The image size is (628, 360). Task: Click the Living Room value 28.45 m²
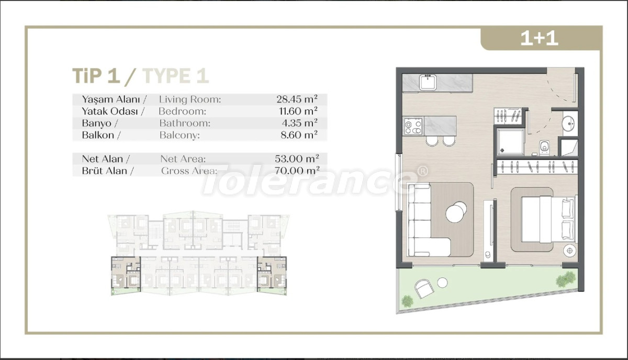click(297, 99)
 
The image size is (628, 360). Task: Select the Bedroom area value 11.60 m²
click(298, 111)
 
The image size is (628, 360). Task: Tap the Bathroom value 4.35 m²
click(299, 123)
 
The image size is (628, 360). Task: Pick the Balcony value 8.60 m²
click(299, 135)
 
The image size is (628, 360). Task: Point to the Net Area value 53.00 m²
click(297, 159)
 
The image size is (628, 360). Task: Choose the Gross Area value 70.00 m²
click(297, 171)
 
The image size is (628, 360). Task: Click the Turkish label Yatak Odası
click(109, 111)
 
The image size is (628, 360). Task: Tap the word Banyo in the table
click(96, 123)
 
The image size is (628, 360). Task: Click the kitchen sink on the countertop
click(428, 82)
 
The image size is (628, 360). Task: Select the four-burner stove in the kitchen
click(413, 127)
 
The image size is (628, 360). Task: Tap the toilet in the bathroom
click(544, 148)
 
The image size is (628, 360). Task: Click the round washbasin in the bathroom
click(568, 123)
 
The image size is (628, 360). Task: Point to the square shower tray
click(510, 142)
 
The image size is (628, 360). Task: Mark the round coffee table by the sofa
click(456, 212)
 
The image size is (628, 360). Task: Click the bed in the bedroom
click(548, 219)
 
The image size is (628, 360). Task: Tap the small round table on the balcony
click(442, 283)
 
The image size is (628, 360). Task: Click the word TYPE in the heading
click(166, 76)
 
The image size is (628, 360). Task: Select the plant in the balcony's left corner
click(407, 301)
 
